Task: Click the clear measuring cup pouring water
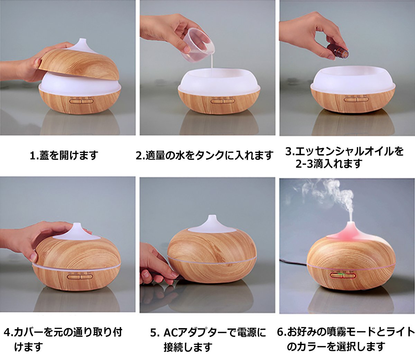pos(193,43)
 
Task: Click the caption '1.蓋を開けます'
pos(64,155)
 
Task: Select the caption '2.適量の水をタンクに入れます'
pos(205,155)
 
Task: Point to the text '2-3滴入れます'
pos(329,164)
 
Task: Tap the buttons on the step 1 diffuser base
pos(82,101)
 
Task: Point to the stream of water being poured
pos(212,64)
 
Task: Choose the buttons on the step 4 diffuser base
pos(80,277)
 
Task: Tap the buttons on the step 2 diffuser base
pos(223,100)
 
